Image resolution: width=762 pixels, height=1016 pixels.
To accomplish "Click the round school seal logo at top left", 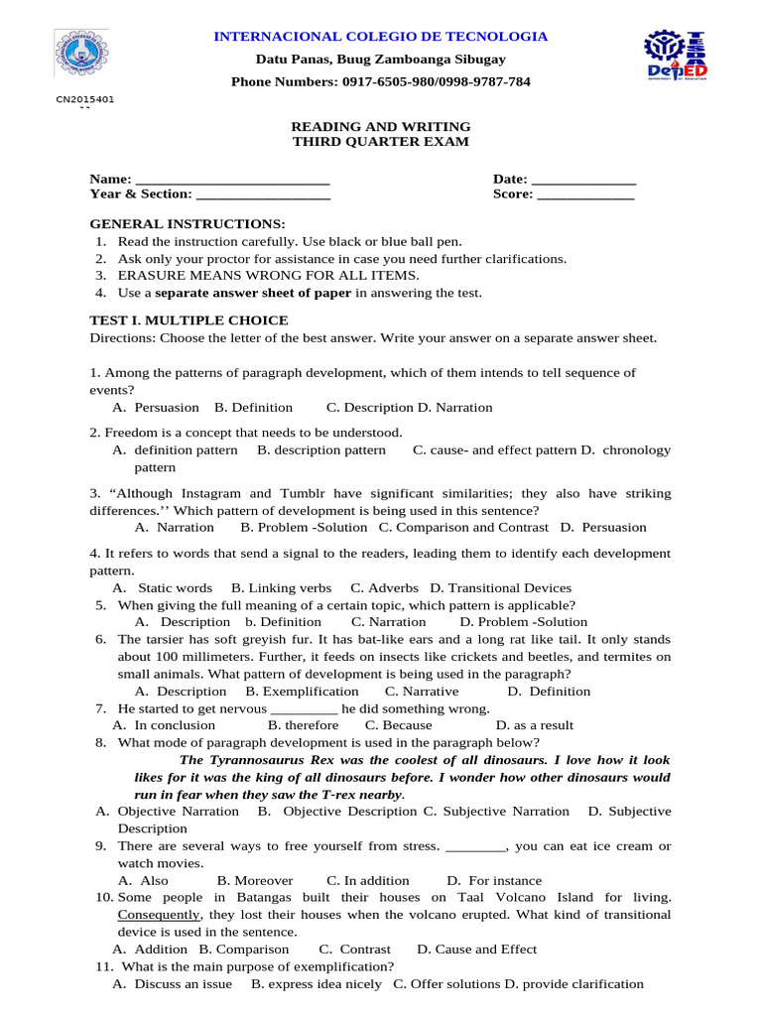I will [80, 52].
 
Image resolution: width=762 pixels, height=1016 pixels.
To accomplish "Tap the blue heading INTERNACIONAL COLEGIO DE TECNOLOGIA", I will [381, 37].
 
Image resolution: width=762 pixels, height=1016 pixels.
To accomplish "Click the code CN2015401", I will [85, 99].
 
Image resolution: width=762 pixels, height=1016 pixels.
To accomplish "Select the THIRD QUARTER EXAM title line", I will [380, 142].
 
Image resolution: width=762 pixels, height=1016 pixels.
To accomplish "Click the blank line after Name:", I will [231, 180].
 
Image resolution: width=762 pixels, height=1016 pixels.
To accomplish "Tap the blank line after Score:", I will [584, 194].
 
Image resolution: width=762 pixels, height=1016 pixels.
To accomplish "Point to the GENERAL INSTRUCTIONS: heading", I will [188, 224].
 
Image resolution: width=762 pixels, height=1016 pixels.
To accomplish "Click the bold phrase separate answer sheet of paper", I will [253, 293].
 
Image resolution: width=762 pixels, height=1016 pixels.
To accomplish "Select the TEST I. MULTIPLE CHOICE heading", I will [189, 320].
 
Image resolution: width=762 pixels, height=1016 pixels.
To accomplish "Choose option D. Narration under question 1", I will [454, 407].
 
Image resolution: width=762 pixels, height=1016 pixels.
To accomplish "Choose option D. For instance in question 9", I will [494, 880].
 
